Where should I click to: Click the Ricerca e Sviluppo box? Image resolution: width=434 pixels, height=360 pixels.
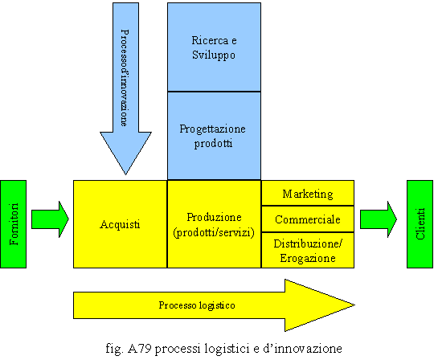point(214,47)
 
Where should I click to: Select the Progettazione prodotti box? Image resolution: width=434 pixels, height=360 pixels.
point(214,136)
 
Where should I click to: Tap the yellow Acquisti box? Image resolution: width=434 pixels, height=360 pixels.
point(120,224)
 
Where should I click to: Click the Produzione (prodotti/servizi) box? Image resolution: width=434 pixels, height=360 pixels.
point(214,224)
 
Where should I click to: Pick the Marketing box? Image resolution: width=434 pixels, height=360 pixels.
point(308,193)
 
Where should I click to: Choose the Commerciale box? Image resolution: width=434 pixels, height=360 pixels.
point(308,219)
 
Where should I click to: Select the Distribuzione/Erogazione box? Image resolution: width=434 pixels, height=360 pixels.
point(308,250)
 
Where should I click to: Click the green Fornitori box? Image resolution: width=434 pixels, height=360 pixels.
point(14,224)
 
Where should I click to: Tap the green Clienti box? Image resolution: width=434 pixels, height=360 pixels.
point(420,224)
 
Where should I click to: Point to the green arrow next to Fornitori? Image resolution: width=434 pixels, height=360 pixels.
point(50,219)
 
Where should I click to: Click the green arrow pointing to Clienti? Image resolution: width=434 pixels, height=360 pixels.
point(379,219)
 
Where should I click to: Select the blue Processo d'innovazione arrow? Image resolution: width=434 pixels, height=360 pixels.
point(125,88)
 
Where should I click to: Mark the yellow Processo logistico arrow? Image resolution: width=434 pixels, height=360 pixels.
point(214,305)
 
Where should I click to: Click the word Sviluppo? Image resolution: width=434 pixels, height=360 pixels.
point(214,55)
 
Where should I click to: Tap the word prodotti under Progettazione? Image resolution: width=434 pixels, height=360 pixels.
point(213,144)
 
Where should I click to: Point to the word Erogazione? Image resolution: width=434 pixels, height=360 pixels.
point(308,258)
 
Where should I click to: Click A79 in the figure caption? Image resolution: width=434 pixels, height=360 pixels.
point(140,348)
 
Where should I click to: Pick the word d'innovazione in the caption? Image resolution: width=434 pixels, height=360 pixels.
point(302,348)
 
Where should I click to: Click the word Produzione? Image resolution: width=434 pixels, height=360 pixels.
point(214,217)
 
